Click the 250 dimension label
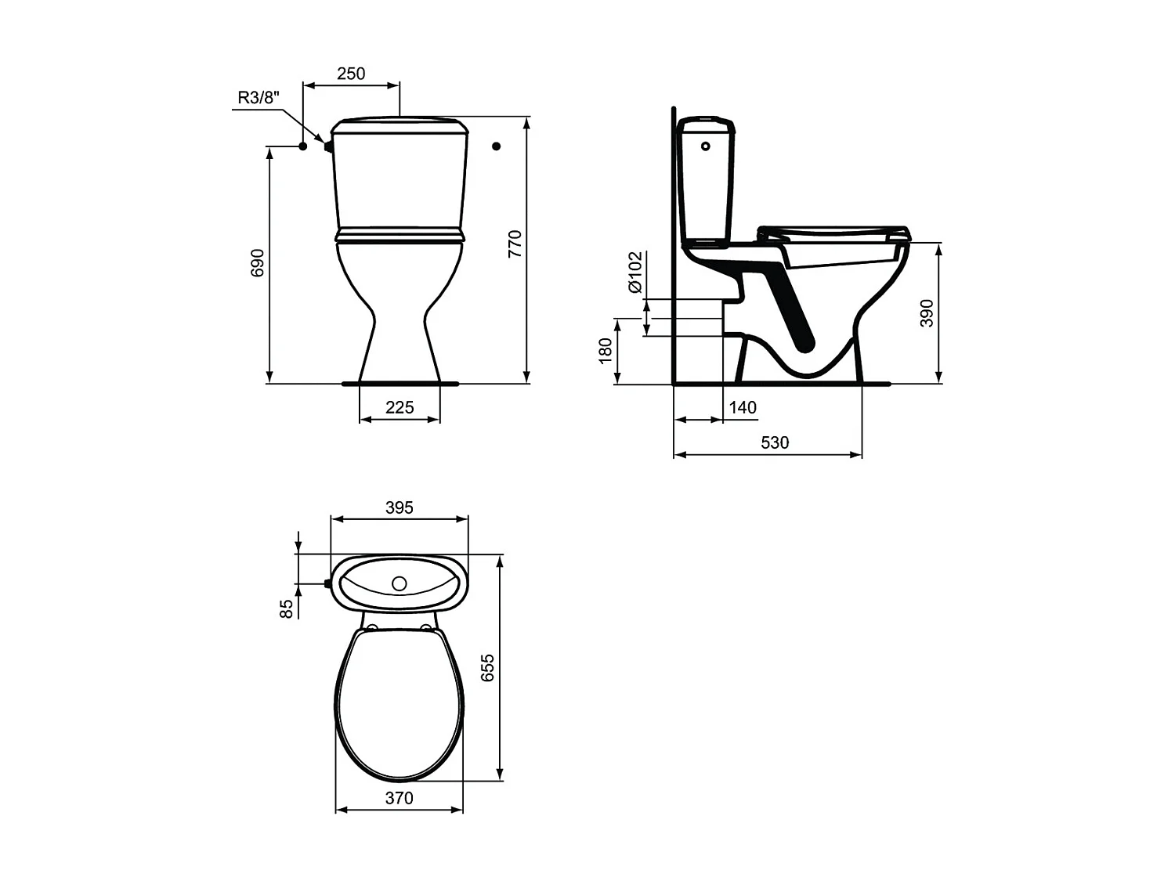pos(351,74)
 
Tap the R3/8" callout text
pos(258,98)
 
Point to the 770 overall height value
pos(515,244)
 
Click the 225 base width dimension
pos(399,407)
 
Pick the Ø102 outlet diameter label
pos(634,272)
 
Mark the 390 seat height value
pos(927,312)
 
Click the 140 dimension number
pos(743,408)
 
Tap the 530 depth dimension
pos(775,442)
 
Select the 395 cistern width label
pos(399,507)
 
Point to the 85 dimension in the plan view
pos(287,608)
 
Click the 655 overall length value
pos(488,667)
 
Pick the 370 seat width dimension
pos(399,798)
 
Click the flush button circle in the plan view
pos(399,583)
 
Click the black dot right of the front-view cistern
pos(496,146)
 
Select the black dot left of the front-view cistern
pos(302,146)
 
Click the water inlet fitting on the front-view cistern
pos(327,145)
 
